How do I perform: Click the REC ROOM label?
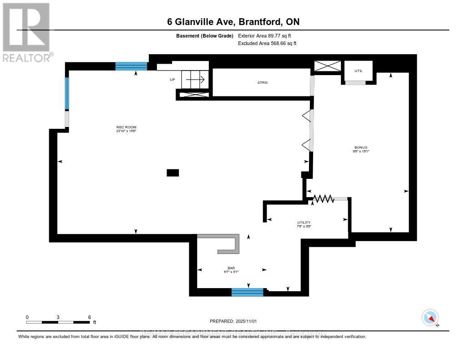pos(126,127)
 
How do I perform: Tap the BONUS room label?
pos(361,147)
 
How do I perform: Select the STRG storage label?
pos(262,82)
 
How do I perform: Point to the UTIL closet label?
pos(359,71)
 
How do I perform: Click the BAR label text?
pos(231,268)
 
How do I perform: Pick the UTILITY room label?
pos(304,223)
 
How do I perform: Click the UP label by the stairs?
pos(172,80)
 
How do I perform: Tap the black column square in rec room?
pos(173,172)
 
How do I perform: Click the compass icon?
pos(430,317)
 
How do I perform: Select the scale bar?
pos(58,322)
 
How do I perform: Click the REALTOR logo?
pos(26,32)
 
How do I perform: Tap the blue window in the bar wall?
pos(247,292)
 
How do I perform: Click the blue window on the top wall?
pos(132,66)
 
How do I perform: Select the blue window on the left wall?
pos(67,93)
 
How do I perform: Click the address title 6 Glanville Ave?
pos(233,22)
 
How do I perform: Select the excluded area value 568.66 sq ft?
pos(268,44)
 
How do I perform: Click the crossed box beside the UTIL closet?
pos(328,66)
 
